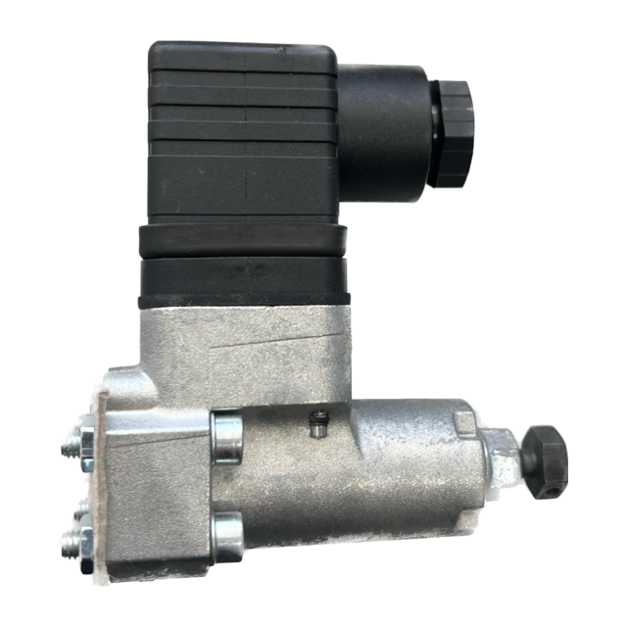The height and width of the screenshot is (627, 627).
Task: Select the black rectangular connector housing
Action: (x=245, y=132)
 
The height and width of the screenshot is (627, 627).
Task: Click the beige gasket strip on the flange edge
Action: (x=98, y=490)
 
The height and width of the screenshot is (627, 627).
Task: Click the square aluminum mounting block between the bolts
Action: (x=157, y=485)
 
